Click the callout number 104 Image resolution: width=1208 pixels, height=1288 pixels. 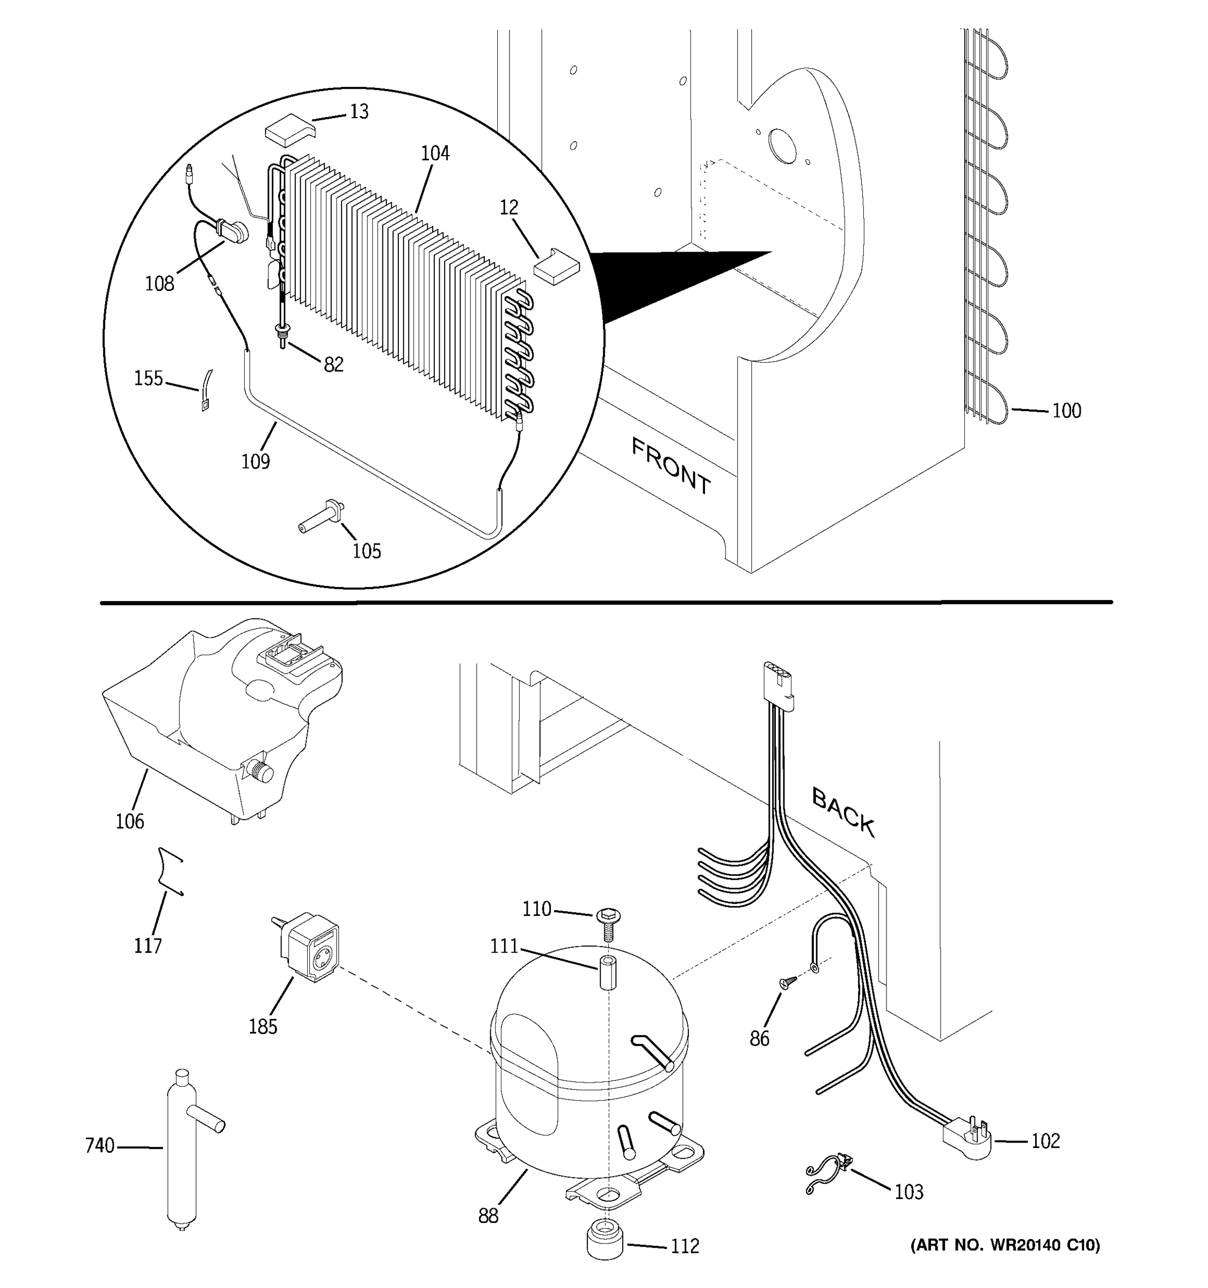435,153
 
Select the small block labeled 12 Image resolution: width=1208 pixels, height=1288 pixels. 556,266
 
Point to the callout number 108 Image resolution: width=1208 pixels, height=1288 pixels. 159,284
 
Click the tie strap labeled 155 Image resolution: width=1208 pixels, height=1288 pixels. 206,392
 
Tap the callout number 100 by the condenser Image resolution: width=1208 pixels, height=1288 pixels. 1066,411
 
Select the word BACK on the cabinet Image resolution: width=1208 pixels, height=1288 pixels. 843,812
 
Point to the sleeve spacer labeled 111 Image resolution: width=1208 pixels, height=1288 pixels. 607,972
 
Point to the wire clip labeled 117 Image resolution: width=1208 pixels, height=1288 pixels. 169,872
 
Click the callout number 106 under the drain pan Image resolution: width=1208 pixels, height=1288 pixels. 129,822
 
